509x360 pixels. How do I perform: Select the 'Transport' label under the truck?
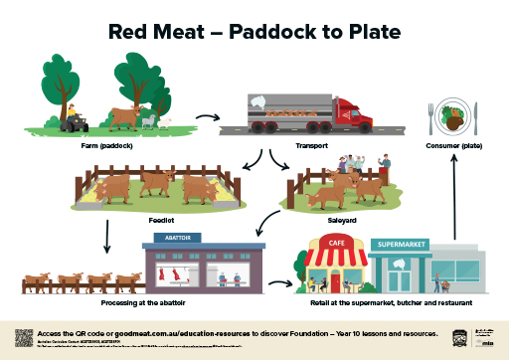point(311,145)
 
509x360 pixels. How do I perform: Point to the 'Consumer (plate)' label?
point(454,145)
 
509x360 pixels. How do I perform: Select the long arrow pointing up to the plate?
point(454,199)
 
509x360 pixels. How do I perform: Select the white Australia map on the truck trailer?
point(259,101)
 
